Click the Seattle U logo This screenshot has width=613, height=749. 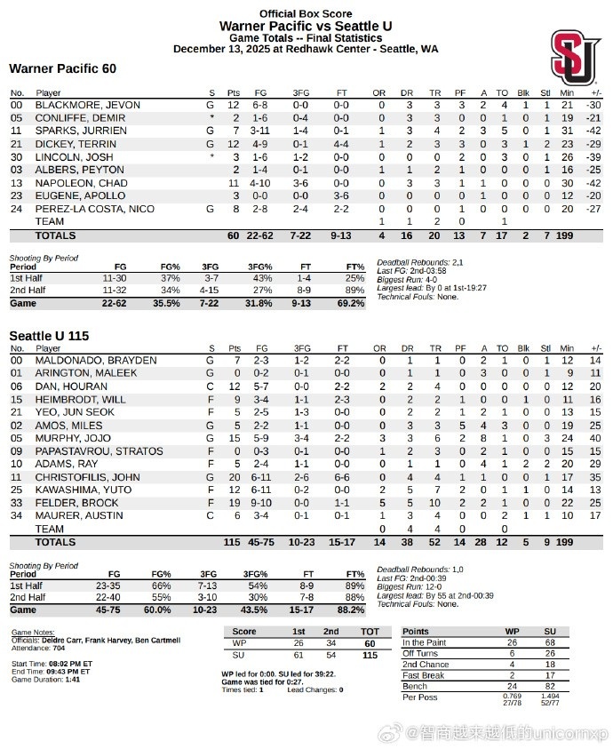tap(575, 58)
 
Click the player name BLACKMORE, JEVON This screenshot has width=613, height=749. tap(87, 105)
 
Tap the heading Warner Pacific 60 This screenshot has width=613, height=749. tap(62, 68)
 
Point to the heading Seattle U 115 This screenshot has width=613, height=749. tap(50, 336)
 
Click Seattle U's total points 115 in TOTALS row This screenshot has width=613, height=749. tap(233, 541)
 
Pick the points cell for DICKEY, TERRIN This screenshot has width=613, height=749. tap(234, 143)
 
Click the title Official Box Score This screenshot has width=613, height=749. tap(306, 13)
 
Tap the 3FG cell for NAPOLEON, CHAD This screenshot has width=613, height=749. tap(302, 182)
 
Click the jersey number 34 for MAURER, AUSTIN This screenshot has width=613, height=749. tap(15, 515)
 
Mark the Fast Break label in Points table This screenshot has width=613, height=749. tap(424, 675)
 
